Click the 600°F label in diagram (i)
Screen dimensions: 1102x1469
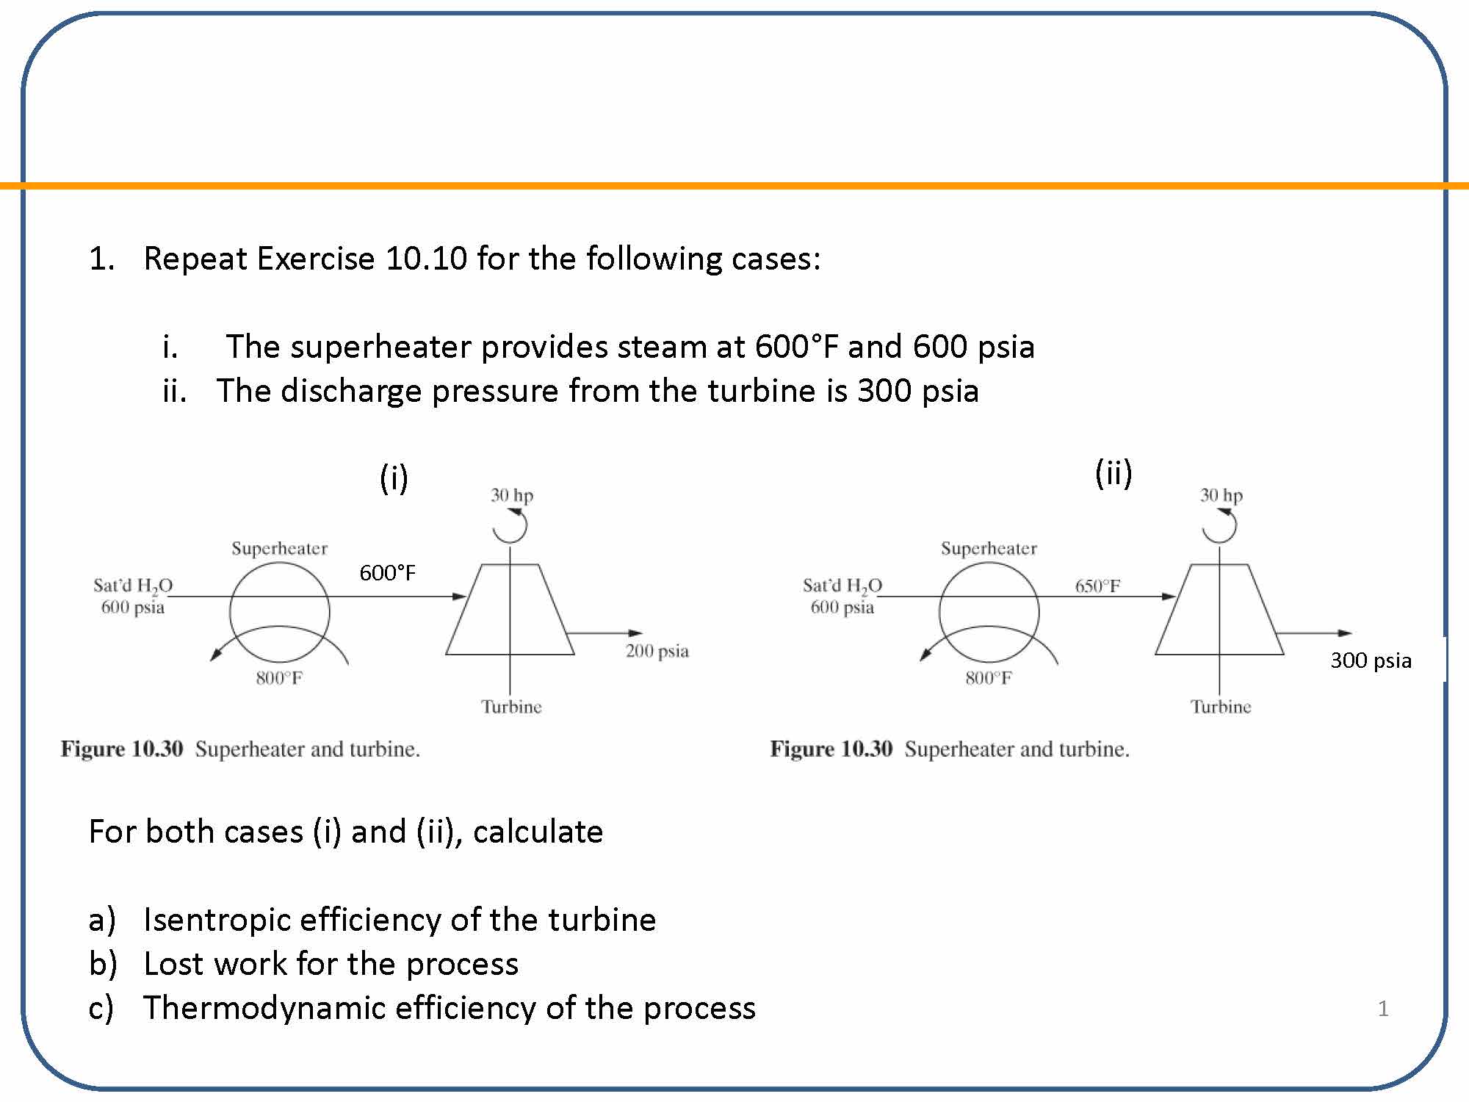[x=387, y=573]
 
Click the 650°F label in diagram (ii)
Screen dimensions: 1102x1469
[x=1097, y=586]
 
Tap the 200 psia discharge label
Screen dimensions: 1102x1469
[x=657, y=651]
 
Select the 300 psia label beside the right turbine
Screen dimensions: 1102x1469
[x=1371, y=660]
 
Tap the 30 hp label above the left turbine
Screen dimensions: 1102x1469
[x=512, y=495]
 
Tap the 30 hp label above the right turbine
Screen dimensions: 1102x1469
[x=1221, y=495]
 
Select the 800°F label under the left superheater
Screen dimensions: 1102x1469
[x=279, y=678]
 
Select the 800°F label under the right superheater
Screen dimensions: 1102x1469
[x=989, y=678]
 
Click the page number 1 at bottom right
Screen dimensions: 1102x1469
[x=1383, y=1009]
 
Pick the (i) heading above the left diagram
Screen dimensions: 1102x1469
[x=394, y=478]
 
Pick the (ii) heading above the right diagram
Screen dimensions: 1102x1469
[x=1114, y=473]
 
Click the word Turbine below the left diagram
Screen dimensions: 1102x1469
[x=511, y=707]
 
